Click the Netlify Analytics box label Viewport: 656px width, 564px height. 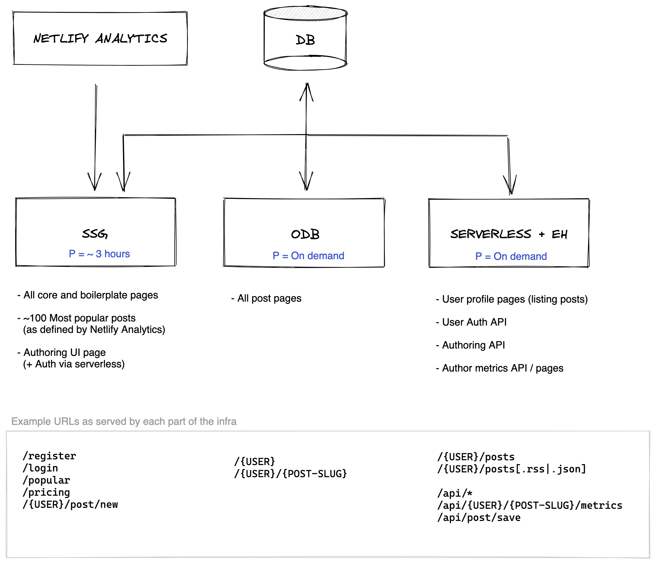[100, 39]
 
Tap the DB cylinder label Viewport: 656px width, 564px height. [305, 40]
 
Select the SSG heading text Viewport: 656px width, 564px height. [95, 234]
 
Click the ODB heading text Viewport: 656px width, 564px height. [305, 234]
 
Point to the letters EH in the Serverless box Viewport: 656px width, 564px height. [559, 235]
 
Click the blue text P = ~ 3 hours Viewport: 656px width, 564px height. [99, 254]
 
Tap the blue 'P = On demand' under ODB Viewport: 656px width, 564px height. [308, 256]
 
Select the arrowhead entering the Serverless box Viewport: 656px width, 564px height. [510, 185]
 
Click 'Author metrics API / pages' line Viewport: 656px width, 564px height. [500, 368]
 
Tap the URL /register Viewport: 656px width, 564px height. [50, 456]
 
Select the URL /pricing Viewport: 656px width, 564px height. [46, 492]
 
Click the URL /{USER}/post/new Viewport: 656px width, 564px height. [70, 504]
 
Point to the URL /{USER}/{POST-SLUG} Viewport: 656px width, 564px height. [291, 474]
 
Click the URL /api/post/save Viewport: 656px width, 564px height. [479, 517]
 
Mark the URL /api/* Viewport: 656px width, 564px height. [455, 493]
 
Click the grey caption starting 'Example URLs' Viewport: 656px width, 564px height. [124, 421]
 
